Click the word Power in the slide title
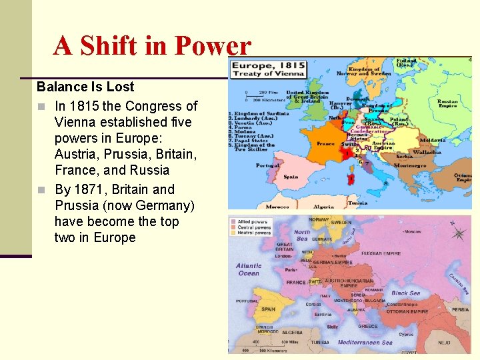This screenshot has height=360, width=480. coord(212,46)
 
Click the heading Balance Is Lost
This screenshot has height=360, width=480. coord(85,87)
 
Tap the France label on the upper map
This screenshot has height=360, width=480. coord(325,143)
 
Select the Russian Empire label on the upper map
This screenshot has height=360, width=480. coord(447,103)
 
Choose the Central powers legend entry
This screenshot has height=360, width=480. coord(254,227)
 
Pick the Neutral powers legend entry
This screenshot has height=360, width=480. coord(254,233)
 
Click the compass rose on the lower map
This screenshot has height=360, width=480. coord(458,233)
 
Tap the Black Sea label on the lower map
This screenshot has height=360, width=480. coord(405,293)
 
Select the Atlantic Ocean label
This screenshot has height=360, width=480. coord(249,269)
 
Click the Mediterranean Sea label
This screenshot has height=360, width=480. coord(365,343)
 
